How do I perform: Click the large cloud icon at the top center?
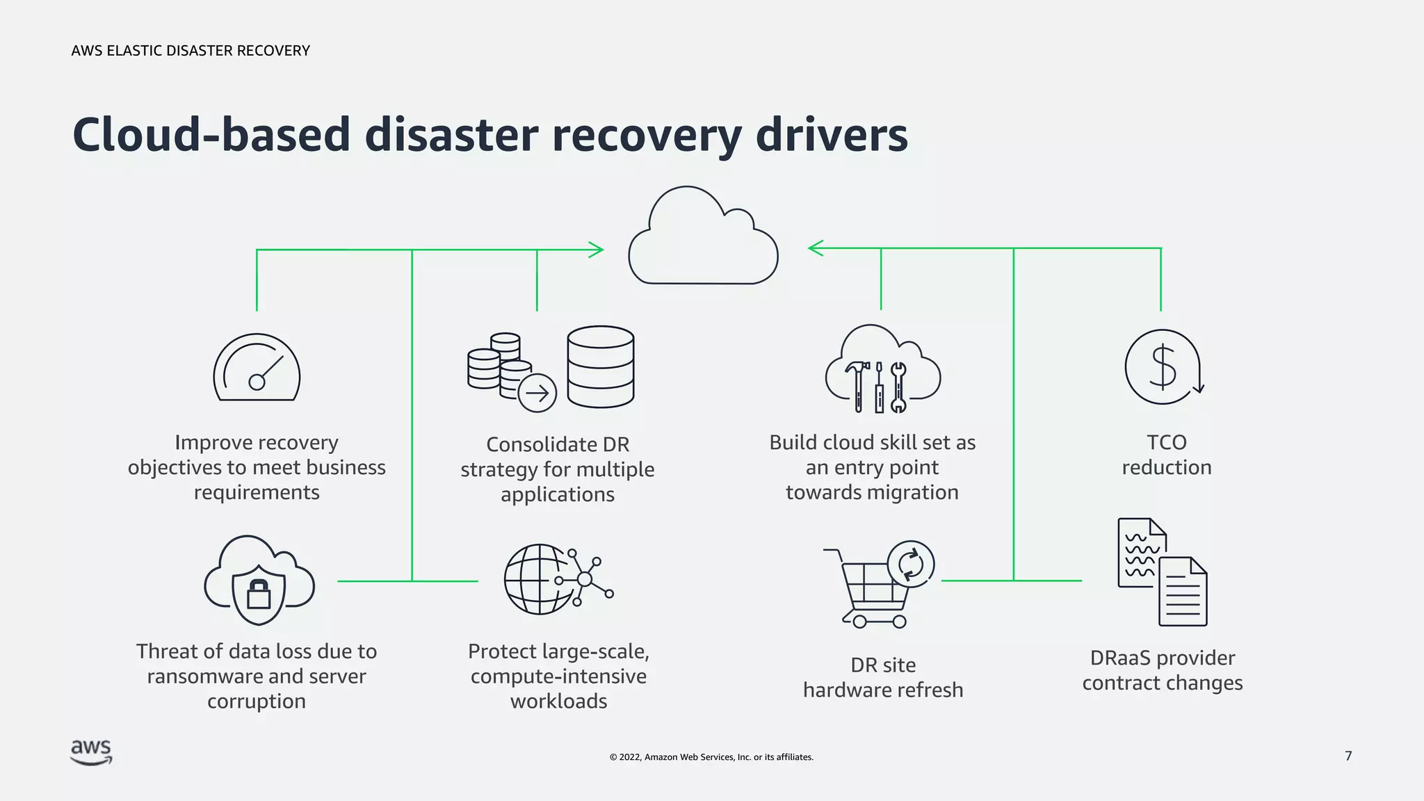pyautogui.click(x=702, y=240)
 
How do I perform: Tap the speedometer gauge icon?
pyautogui.click(x=257, y=369)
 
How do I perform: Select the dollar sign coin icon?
pyautogui.click(x=1163, y=366)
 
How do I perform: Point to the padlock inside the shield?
pyautogui.click(x=259, y=593)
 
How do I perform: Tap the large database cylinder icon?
pyautogui.click(x=600, y=366)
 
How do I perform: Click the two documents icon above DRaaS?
pyautogui.click(x=1162, y=572)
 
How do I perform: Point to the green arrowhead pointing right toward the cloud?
pyautogui.click(x=597, y=250)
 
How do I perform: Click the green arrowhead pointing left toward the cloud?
pyautogui.click(x=815, y=248)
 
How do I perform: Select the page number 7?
pyautogui.click(x=1348, y=756)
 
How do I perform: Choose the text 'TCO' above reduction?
pyautogui.click(x=1166, y=442)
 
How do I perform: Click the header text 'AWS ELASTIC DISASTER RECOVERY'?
pyautogui.click(x=191, y=51)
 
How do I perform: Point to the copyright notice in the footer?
pyautogui.click(x=711, y=757)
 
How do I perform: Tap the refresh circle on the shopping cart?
pyautogui.click(x=910, y=564)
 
